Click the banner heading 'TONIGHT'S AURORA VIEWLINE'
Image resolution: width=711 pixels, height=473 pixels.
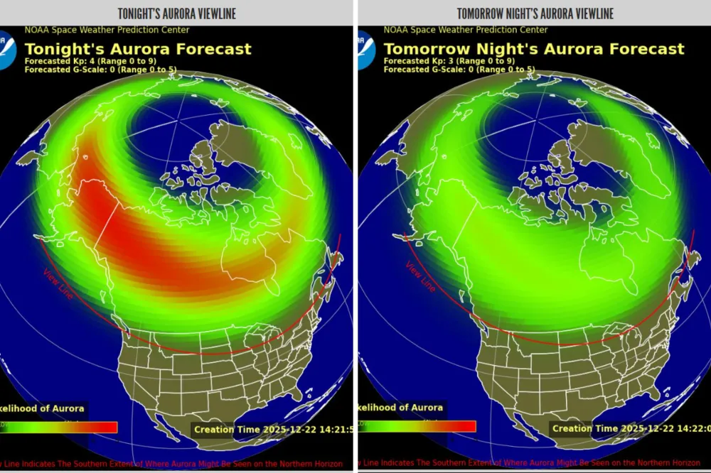(x=176, y=13)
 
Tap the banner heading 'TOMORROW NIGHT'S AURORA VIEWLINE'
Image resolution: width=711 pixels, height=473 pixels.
(x=535, y=13)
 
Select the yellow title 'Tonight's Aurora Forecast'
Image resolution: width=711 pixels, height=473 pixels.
(x=138, y=49)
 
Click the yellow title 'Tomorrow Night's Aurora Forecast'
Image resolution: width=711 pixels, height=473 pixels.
(x=534, y=49)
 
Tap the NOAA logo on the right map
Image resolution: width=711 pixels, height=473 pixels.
(x=365, y=50)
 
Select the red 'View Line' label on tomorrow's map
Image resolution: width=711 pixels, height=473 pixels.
(x=420, y=277)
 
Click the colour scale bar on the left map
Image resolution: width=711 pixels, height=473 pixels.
(x=60, y=427)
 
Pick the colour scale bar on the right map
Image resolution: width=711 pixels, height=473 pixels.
(x=419, y=426)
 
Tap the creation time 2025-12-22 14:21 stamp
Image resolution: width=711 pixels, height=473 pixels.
(x=273, y=429)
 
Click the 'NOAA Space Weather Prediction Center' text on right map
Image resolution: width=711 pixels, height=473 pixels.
(x=466, y=30)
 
